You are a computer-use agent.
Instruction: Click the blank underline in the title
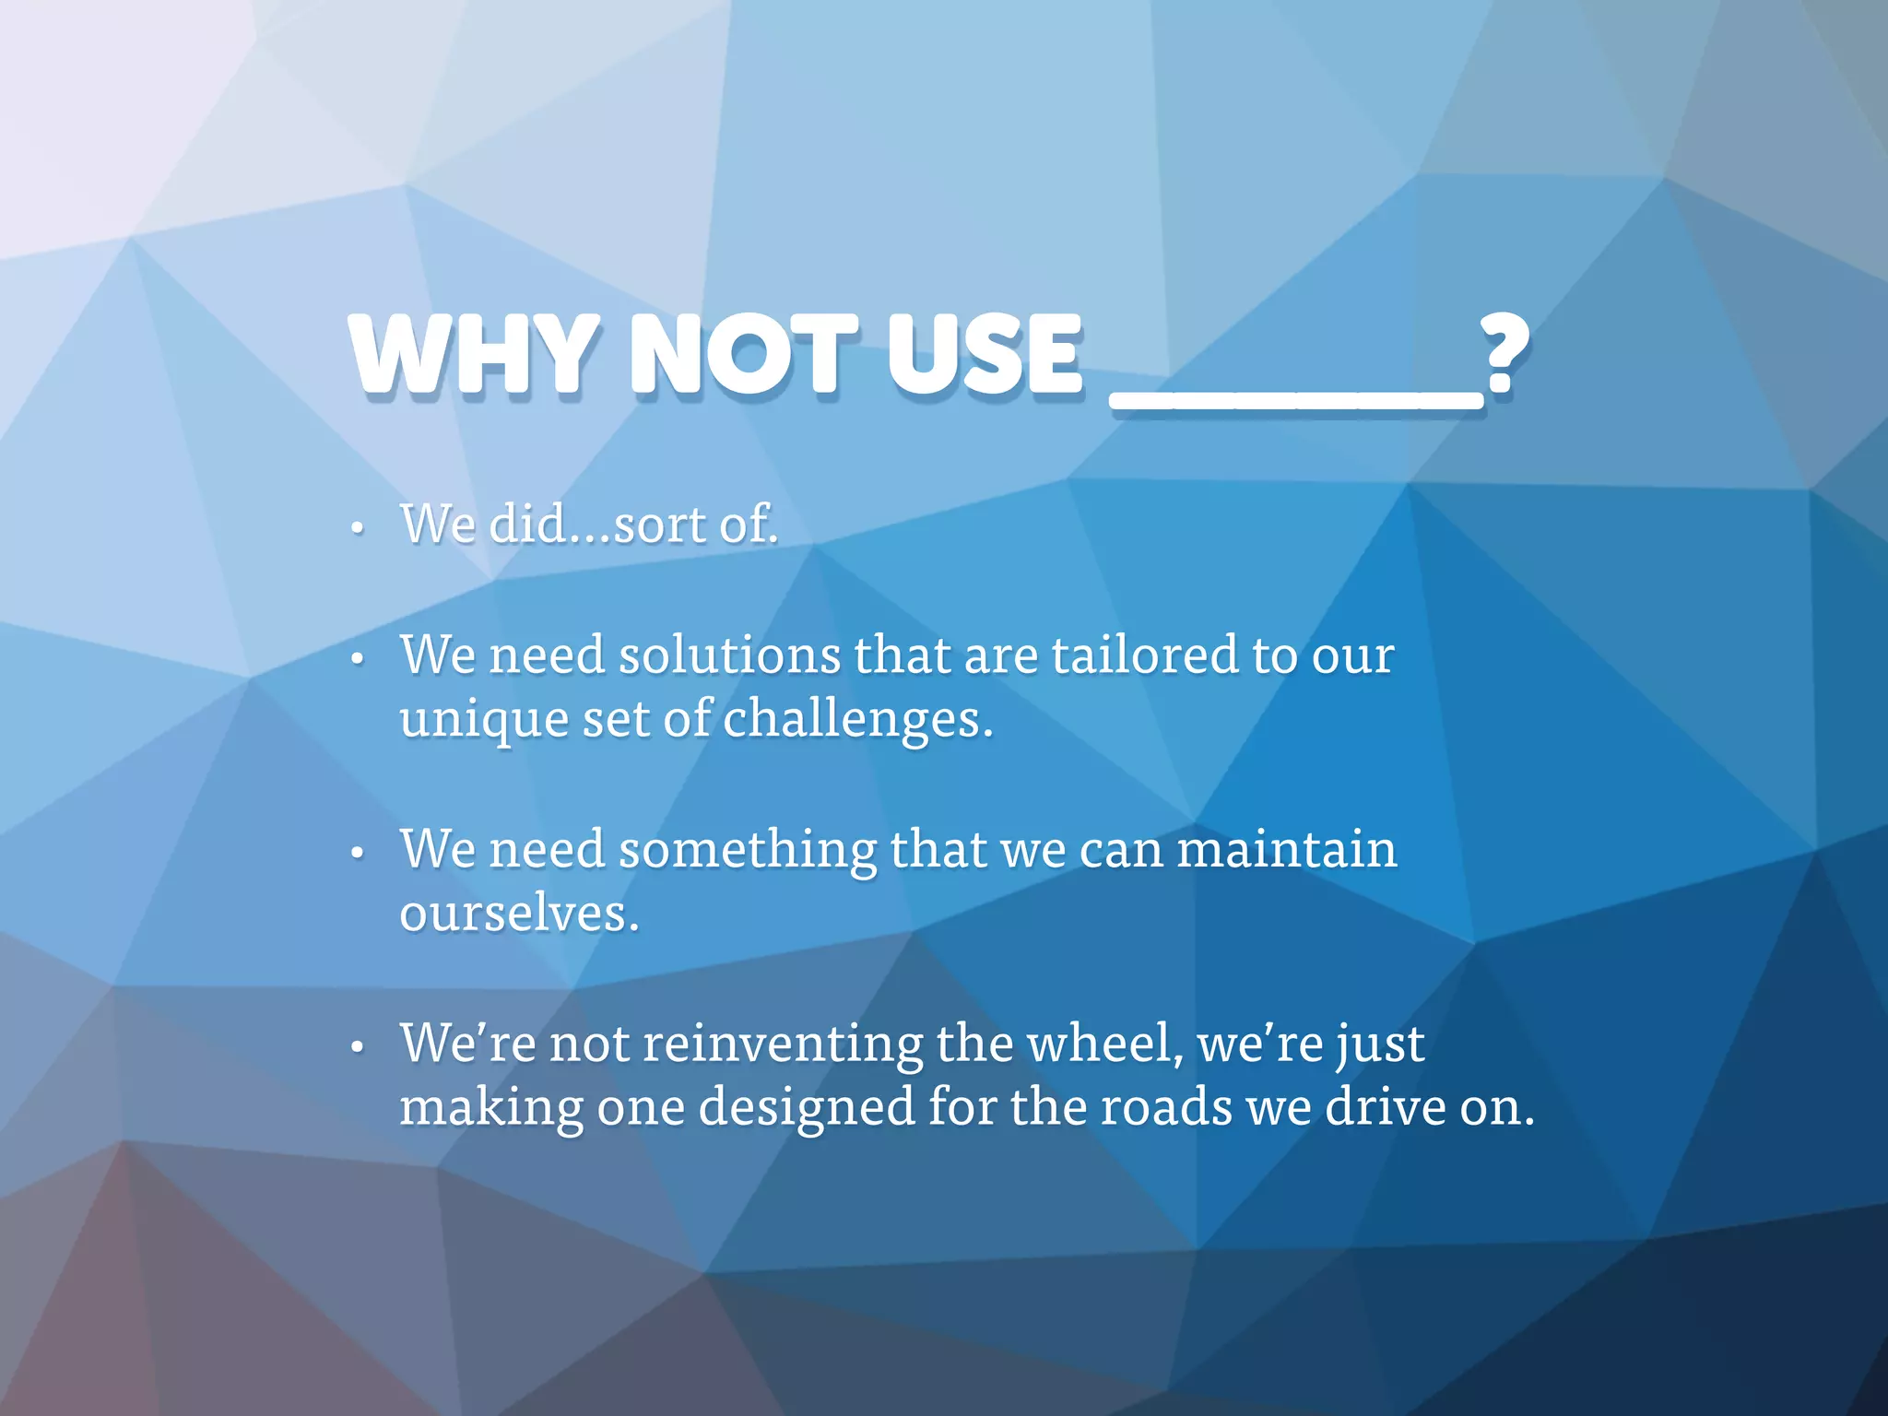1296,402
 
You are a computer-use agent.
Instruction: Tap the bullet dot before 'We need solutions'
358,660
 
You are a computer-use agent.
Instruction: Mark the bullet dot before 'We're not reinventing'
358,1048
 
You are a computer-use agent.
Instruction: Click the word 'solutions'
729,655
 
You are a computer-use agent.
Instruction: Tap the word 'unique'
484,722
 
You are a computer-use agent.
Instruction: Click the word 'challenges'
852,720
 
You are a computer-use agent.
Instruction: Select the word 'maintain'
1287,849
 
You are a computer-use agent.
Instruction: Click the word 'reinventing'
783,1045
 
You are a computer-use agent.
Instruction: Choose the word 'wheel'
1101,1044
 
